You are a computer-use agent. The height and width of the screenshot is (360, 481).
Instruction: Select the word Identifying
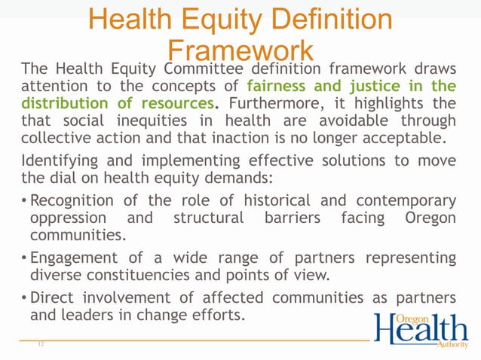[58, 161]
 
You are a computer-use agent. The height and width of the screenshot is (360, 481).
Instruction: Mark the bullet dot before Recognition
[25, 202]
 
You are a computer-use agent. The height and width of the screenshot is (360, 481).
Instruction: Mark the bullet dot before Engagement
[25, 259]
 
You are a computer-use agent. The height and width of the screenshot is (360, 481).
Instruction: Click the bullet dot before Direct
[25, 299]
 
